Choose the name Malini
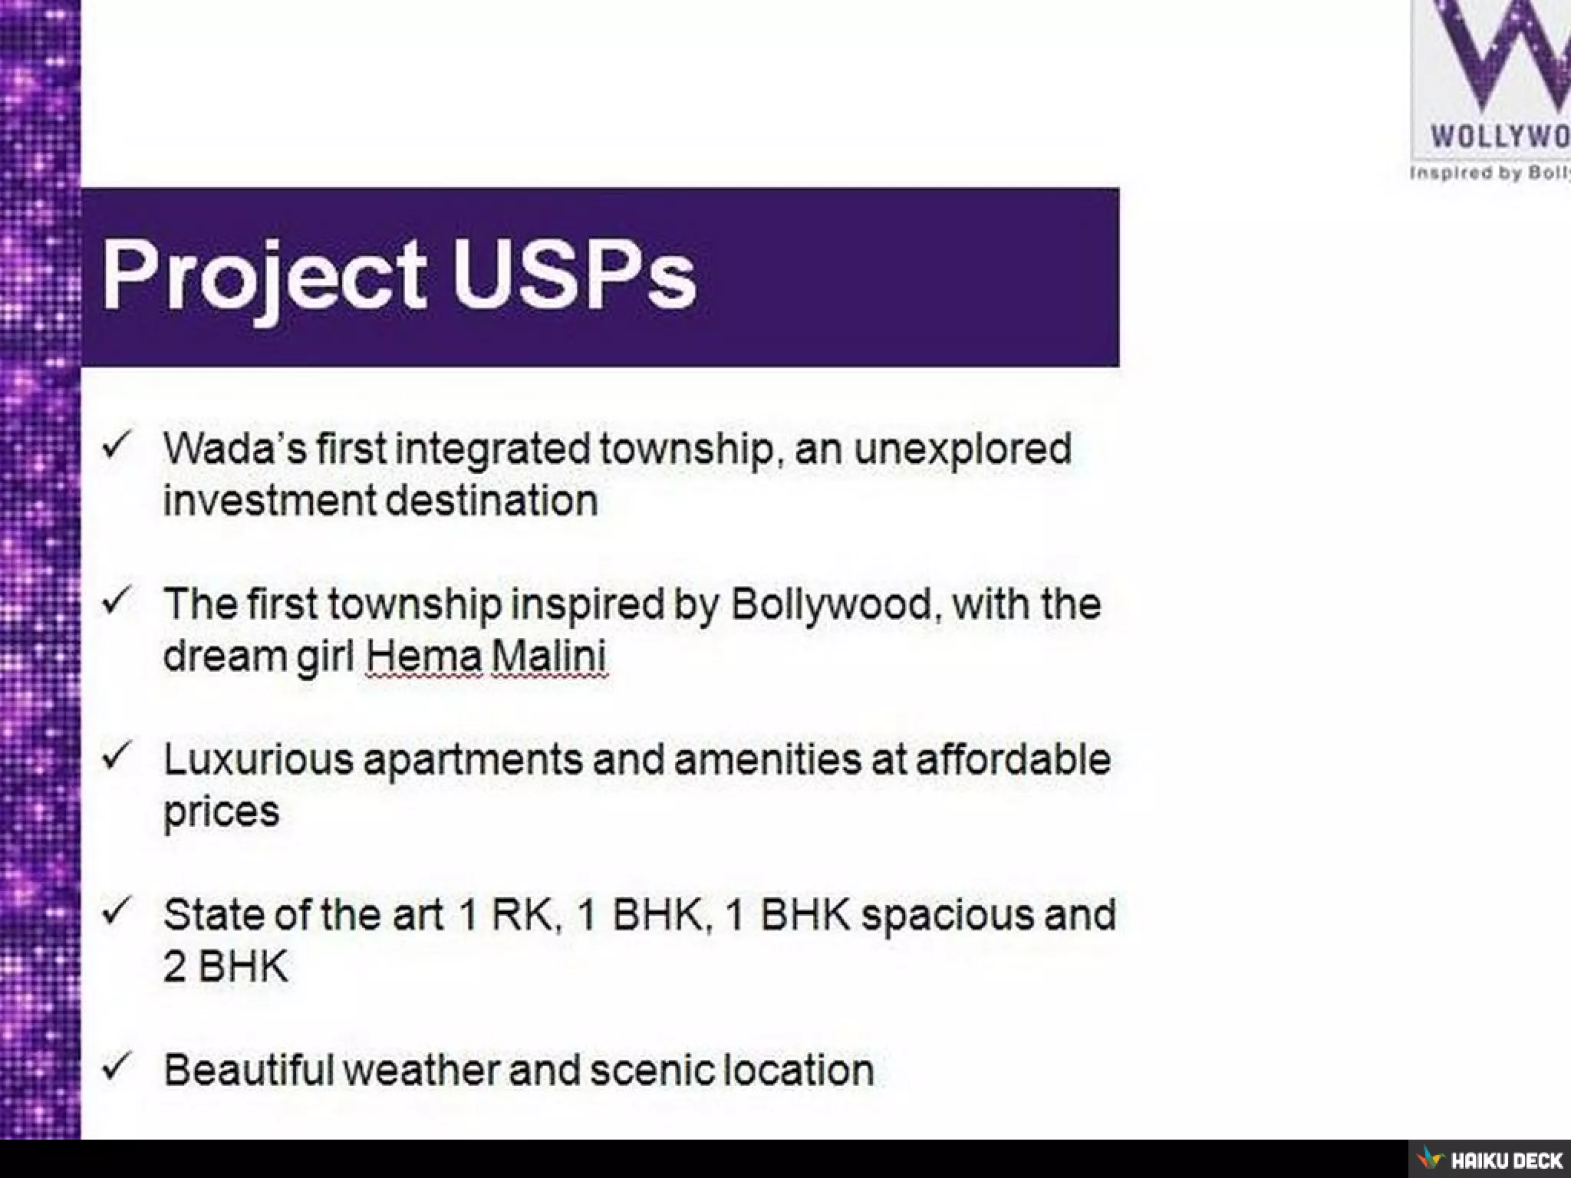(549, 656)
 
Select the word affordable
(1013, 759)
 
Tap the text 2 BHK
(225, 967)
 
